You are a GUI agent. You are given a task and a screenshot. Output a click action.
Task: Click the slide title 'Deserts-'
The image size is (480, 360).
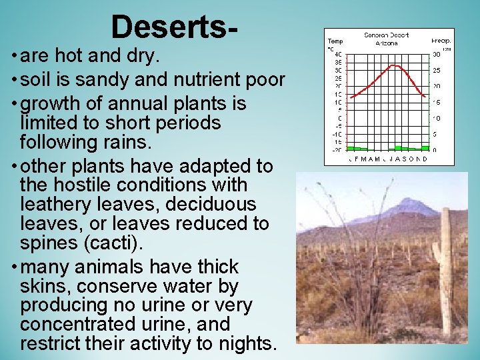coord(174,27)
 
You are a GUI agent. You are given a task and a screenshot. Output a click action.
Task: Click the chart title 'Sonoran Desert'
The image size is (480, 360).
coord(386,35)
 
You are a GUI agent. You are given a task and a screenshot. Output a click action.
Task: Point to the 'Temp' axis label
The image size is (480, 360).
coord(334,41)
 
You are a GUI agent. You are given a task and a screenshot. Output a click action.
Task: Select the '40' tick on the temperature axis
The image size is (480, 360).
coord(338,54)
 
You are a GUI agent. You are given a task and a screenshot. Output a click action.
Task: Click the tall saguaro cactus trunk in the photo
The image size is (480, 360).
coord(445,267)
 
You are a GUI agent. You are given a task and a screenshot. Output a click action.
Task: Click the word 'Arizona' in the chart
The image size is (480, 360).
coord(386,43)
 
